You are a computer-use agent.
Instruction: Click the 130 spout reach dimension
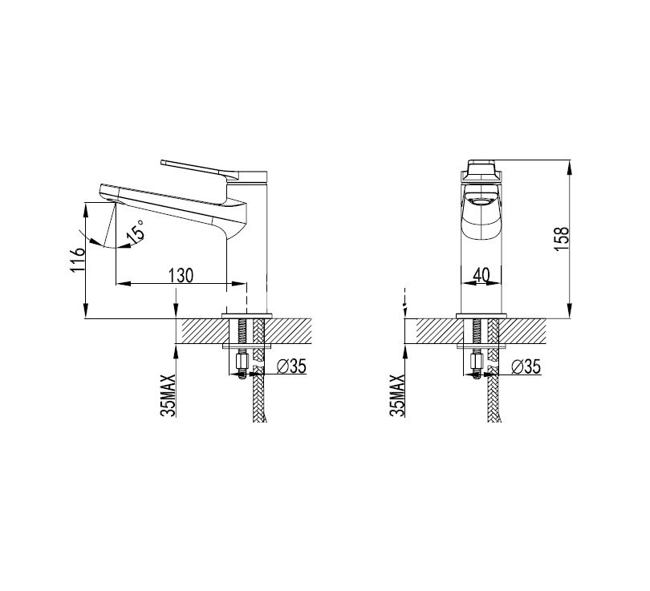coord(181,275)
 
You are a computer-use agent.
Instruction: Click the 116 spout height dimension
coord(78,260)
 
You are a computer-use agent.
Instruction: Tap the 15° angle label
coord(136,231)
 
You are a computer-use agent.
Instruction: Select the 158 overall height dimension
coord(562,238)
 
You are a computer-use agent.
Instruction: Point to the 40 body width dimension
coord(481,274)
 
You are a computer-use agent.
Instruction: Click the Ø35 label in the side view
coord(291,366)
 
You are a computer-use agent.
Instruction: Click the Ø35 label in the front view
coord(526,366)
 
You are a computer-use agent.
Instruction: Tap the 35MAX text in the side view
coord(169,395)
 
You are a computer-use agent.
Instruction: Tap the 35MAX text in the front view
coord(397,395)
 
